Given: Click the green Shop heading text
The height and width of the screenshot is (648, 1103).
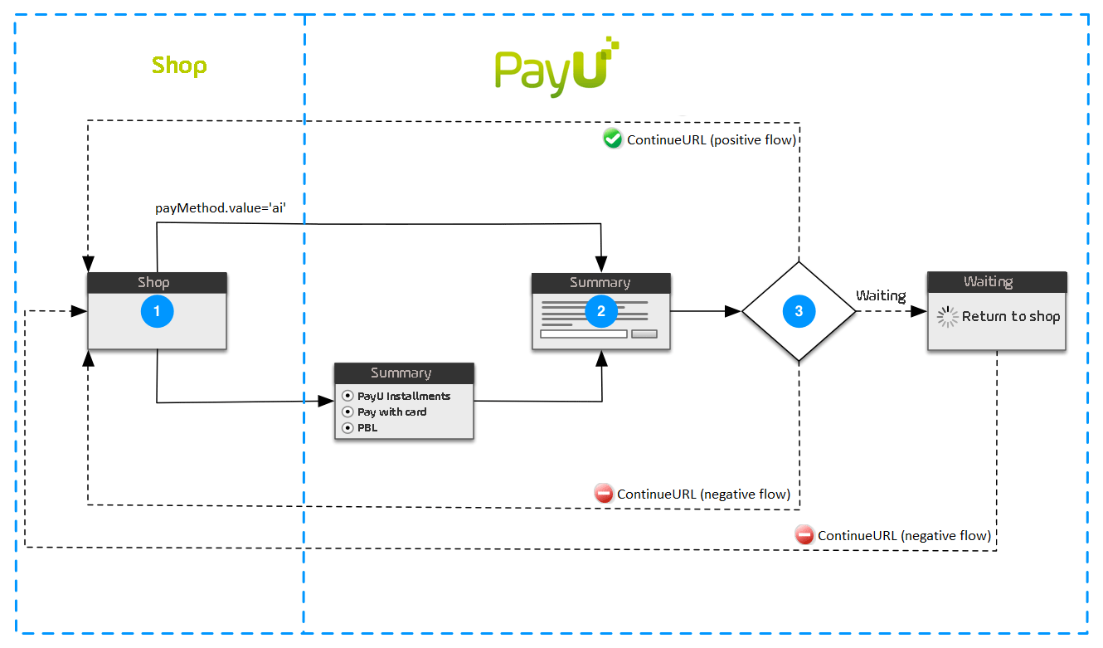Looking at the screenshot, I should coord(179,66).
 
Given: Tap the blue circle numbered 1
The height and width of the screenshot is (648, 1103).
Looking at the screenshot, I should coord(157,311).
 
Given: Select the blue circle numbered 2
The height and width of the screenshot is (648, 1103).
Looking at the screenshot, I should coord(601,311).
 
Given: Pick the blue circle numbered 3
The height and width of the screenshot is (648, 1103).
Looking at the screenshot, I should coord(799,311).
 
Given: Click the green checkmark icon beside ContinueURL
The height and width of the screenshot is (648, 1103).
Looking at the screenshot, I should coord(613,139).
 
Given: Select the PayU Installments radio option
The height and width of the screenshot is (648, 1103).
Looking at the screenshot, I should coord(348,396).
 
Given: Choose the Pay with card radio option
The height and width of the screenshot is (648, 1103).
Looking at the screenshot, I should coord(348,412).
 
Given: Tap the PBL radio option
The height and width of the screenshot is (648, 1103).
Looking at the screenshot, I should coord(348,427).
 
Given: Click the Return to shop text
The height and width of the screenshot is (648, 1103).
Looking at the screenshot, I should coord(1011,316).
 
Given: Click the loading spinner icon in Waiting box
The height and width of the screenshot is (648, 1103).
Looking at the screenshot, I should coord(947,317).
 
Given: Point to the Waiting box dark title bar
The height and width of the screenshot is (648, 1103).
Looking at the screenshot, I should coord(996,282).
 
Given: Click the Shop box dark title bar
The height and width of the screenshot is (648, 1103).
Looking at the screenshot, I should coord(157,282).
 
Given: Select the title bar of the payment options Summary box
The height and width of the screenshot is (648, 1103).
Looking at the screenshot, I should coord(403,373).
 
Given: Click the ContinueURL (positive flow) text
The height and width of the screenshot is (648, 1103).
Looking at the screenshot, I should coord(712,140).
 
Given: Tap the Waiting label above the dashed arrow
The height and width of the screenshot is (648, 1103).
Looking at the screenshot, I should coord(881,295).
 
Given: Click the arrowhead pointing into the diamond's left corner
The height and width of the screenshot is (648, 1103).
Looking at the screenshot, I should coord(733,311).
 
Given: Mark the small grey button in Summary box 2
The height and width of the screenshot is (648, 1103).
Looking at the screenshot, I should coord(644,334).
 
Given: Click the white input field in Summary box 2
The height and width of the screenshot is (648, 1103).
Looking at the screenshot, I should coord(583,334).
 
